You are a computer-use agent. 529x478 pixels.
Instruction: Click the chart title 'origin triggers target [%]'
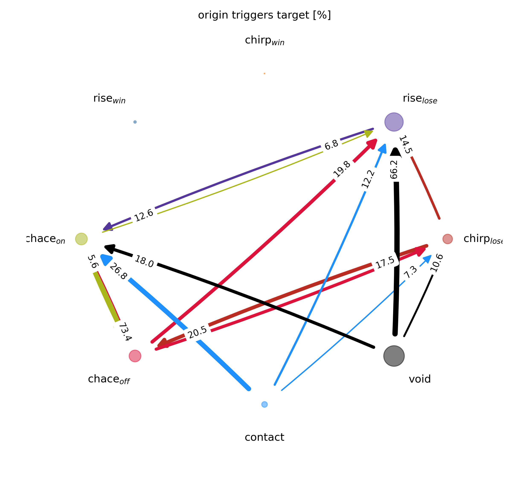point(264,15)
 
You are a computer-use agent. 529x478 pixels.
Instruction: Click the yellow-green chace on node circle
point(81,239)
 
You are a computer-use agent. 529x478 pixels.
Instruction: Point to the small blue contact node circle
point(264,404)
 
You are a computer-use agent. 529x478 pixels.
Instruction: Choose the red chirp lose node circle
point(447,239)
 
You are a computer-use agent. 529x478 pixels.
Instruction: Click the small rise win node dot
point(135,122)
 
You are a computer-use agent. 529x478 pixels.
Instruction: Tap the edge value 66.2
point(394,170)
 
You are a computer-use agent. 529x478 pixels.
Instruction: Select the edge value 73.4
point(125,331)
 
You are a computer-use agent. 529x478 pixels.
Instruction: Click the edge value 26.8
point(118,272)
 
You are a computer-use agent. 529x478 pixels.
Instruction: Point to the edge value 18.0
point(144,262)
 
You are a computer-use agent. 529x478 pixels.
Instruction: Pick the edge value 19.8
point(342,169)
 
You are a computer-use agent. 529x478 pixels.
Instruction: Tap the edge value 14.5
point(406,145)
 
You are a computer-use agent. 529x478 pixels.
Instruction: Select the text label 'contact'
point(264,437)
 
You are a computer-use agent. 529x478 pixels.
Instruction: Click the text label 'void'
point(420,379)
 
